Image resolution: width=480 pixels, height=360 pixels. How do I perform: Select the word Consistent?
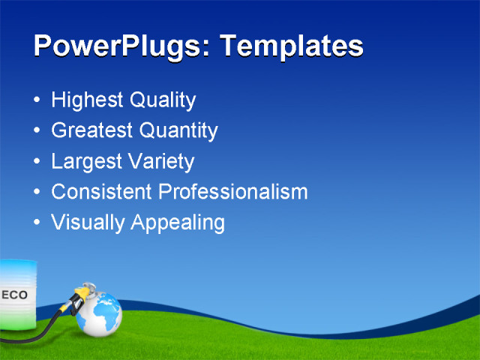coord(102,192)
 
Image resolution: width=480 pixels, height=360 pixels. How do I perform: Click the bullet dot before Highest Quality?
coord(38,100)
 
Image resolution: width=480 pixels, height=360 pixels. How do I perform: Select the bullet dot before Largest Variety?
coord(38,162)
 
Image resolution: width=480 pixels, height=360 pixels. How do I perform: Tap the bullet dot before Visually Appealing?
coord(38,223)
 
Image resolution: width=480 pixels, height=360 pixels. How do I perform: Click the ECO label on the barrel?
coord(14,295)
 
